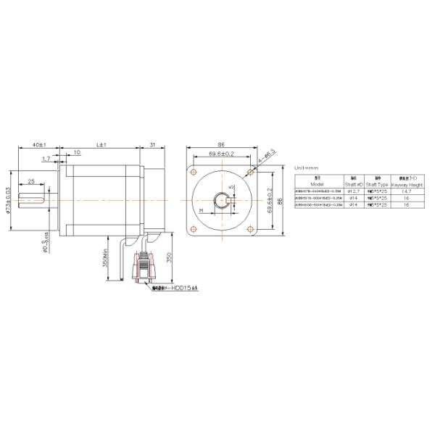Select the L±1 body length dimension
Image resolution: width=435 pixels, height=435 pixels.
101,145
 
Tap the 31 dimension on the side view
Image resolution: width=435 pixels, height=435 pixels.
152,145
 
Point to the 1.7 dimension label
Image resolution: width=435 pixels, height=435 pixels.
46,158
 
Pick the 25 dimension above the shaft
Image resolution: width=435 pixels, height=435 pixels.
31,181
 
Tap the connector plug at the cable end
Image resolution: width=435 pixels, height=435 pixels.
144,273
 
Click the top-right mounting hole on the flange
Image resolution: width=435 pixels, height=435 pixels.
250,172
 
